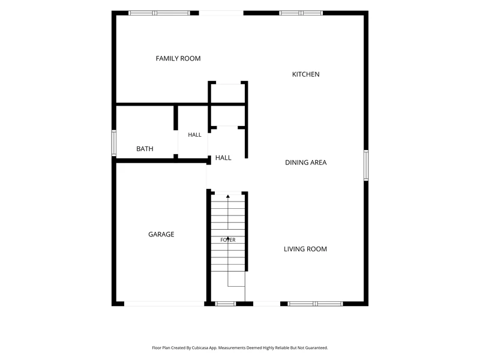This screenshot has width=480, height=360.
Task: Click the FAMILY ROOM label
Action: [x=178, y=58]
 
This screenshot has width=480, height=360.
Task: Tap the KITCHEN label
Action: [x=306, y=74]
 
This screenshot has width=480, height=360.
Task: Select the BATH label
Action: [x=145, y=149]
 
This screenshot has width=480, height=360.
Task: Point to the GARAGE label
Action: [x=161, y=235]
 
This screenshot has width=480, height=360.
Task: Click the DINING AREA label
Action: [x=306, y=163]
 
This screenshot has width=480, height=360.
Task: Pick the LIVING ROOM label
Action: [x=305, y=249]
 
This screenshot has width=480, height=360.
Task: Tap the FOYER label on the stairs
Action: [x=228, y=240]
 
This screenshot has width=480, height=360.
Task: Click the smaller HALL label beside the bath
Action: [x=194, y=134]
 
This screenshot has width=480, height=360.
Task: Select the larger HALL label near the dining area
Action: [x=223, y=158]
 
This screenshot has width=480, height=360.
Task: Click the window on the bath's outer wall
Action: [x=114, y=143]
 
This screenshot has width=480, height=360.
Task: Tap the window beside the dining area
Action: [x=366, y=166]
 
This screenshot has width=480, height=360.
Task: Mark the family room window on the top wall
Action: [x=159, y=13]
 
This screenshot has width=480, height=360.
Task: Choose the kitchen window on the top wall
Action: [x=301, y=13]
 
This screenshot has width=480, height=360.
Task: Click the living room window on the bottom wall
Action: [x=316, y=304]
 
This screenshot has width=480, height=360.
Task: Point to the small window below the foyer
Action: [x=226, y=304]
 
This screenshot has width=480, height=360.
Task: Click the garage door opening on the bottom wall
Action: [x=164, y=304]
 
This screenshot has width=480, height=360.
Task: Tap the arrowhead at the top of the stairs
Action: [x=228, y=196]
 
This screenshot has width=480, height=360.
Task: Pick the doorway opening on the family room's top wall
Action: [x=221, y=13]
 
